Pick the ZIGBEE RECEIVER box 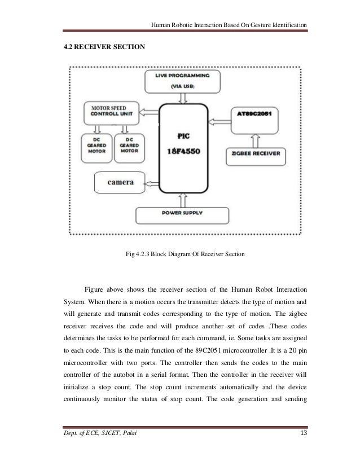[260, 153]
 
